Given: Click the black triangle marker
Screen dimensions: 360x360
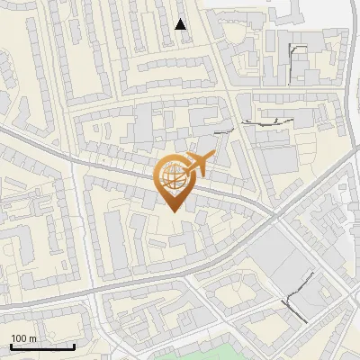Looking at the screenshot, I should [181, 24].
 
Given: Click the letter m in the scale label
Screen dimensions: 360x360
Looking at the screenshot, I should [32, 338].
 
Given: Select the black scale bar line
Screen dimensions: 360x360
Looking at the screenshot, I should [42, 346].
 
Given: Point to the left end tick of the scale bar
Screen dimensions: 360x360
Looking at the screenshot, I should [10, 345].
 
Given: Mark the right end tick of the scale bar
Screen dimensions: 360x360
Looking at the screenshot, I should [75, 345].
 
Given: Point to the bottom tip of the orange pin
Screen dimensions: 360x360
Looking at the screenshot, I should [171, 213].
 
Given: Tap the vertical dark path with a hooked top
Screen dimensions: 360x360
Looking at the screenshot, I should [295, 58].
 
